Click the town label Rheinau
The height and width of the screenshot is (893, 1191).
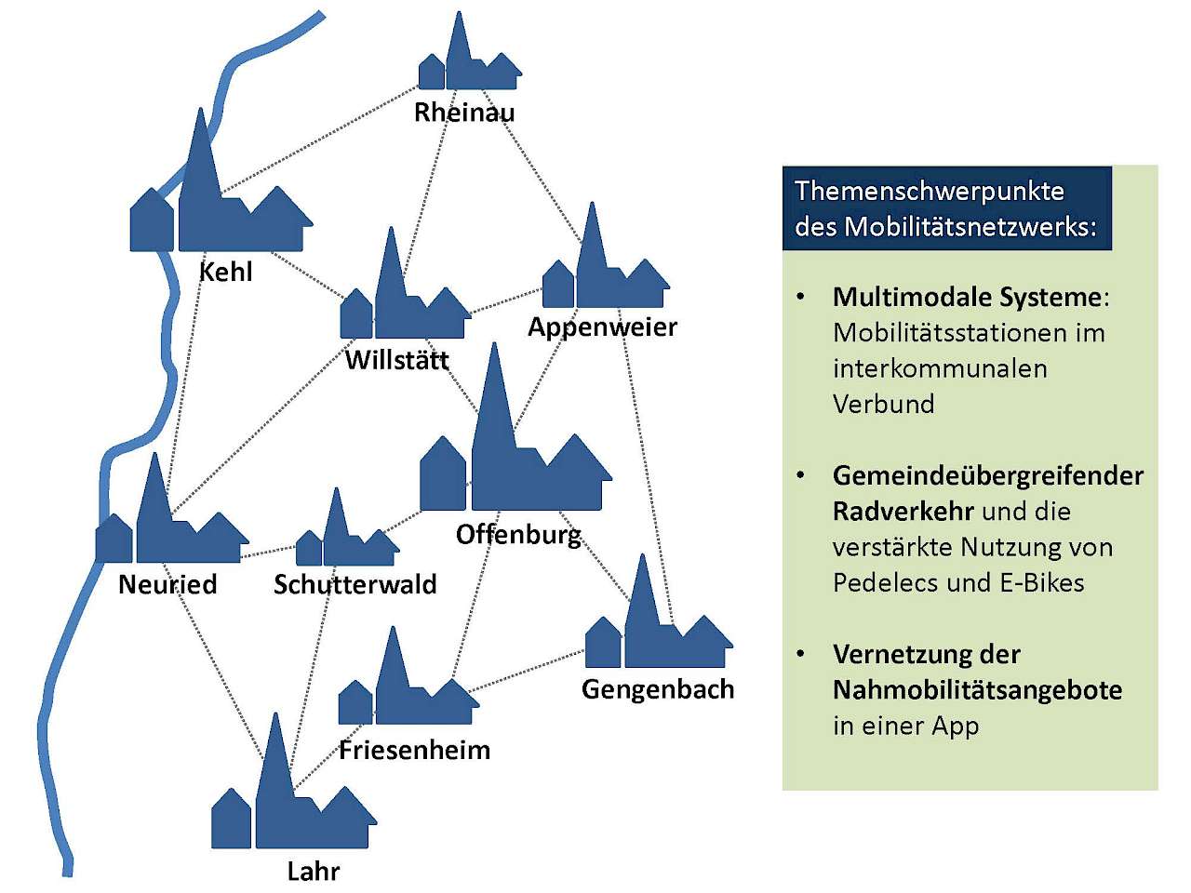pyautogui.click(x=464, y=113)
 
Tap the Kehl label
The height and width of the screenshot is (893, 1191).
pyautogui.click(x=226, y=272)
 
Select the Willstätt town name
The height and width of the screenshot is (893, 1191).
pyautogui.click(x=397, y=360)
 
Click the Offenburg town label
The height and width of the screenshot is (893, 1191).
pyautogui.click(x=518, y=536)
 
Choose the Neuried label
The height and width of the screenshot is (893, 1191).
pyautogui.click(x=167, y=584)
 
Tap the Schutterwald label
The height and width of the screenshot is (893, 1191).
pyautogui.click(x=355, y=584)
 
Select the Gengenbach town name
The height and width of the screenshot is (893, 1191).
pyautogui.click(x=658, y=690)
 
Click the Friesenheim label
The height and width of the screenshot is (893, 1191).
pyautogui.click(x=415, y=751)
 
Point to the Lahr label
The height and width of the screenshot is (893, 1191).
pyautogui.click(x=314, y=872)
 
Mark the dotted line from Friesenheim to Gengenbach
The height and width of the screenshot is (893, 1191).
pyautogui.click(x=527, y=671)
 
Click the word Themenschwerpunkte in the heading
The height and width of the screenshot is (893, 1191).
pyautogui.click(x=929, y=192)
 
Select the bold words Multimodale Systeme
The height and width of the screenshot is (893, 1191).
pyautogui.click(x=968, y=297)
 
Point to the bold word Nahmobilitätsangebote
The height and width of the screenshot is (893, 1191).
pyautogui.click(x=978, y=690)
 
